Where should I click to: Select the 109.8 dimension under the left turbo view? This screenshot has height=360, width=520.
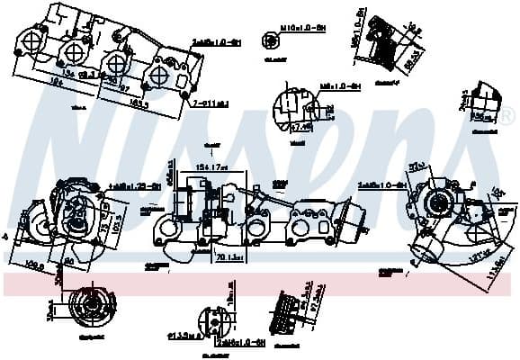37,265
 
